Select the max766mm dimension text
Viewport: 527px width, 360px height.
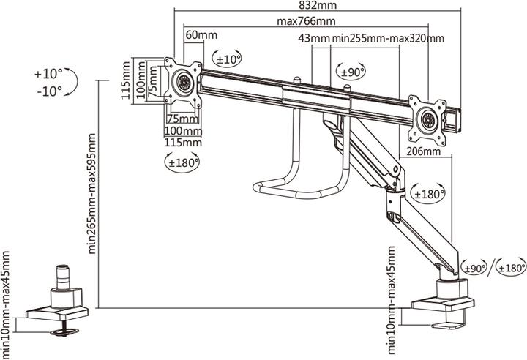[x=306, y=21]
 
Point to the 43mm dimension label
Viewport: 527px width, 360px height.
[x=314, y=38]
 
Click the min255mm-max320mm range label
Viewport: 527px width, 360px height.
[x=388, y=38]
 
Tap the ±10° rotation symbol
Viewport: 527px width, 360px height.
[x=226, y=57]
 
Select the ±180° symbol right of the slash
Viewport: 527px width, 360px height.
[x=509, y=268]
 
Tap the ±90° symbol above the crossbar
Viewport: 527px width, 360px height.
[x=352, y=72]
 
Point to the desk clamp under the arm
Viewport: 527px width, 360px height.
[x=444, y=304]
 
